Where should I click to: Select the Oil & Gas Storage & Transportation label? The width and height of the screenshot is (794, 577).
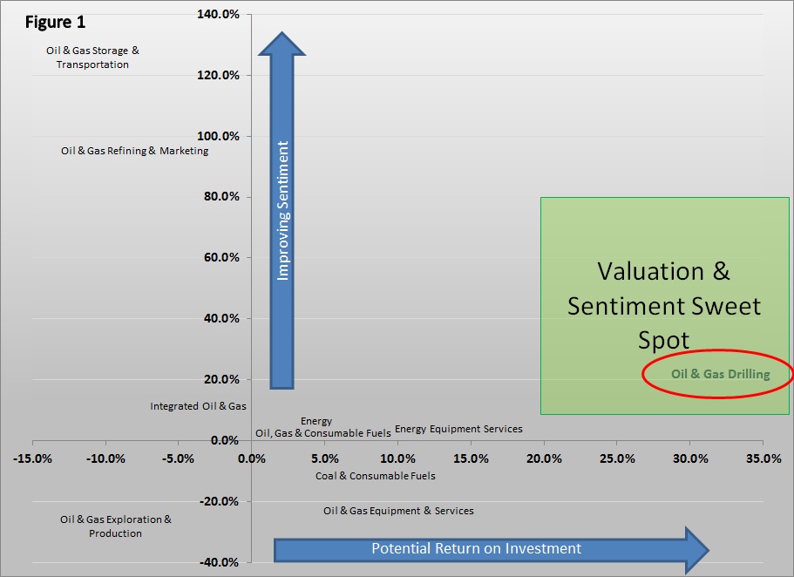coord(92,58)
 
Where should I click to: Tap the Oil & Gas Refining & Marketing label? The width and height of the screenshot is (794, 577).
coord(135,151)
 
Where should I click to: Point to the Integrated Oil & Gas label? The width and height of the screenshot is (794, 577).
coord(198,406)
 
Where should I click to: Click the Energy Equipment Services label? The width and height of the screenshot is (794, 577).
coord(458,429)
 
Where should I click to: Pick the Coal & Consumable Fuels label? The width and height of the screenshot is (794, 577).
coord(375,476)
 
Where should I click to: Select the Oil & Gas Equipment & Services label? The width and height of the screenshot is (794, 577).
coord(398,511)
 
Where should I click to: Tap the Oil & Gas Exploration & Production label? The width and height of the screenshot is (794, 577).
coord(116,526)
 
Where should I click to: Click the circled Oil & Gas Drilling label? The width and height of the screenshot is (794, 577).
coord(720,375)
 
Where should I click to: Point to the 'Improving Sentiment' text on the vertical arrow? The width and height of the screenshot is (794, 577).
coord(282,211)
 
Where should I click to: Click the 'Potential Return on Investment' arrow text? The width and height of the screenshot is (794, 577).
coord(476,549)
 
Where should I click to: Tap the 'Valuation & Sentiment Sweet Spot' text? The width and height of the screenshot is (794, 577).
coord(664,305)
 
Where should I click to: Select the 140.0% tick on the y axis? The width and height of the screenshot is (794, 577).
coord(219,15)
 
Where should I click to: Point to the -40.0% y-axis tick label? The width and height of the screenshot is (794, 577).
coord(220,562)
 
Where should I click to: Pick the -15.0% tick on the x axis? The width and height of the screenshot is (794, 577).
coord(32,458)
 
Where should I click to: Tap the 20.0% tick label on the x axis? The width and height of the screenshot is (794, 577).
coord(544,458)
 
